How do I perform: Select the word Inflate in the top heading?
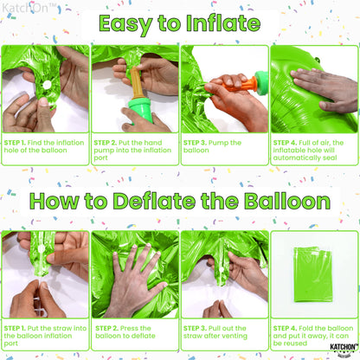(x=226, y=22)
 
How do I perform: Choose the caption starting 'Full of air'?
(x=313, y=148)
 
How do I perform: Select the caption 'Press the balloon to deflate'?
(x=133, y=332)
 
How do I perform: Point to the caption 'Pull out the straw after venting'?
(x=223, y=332)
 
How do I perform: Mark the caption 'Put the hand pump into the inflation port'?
(x=133, y=148)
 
